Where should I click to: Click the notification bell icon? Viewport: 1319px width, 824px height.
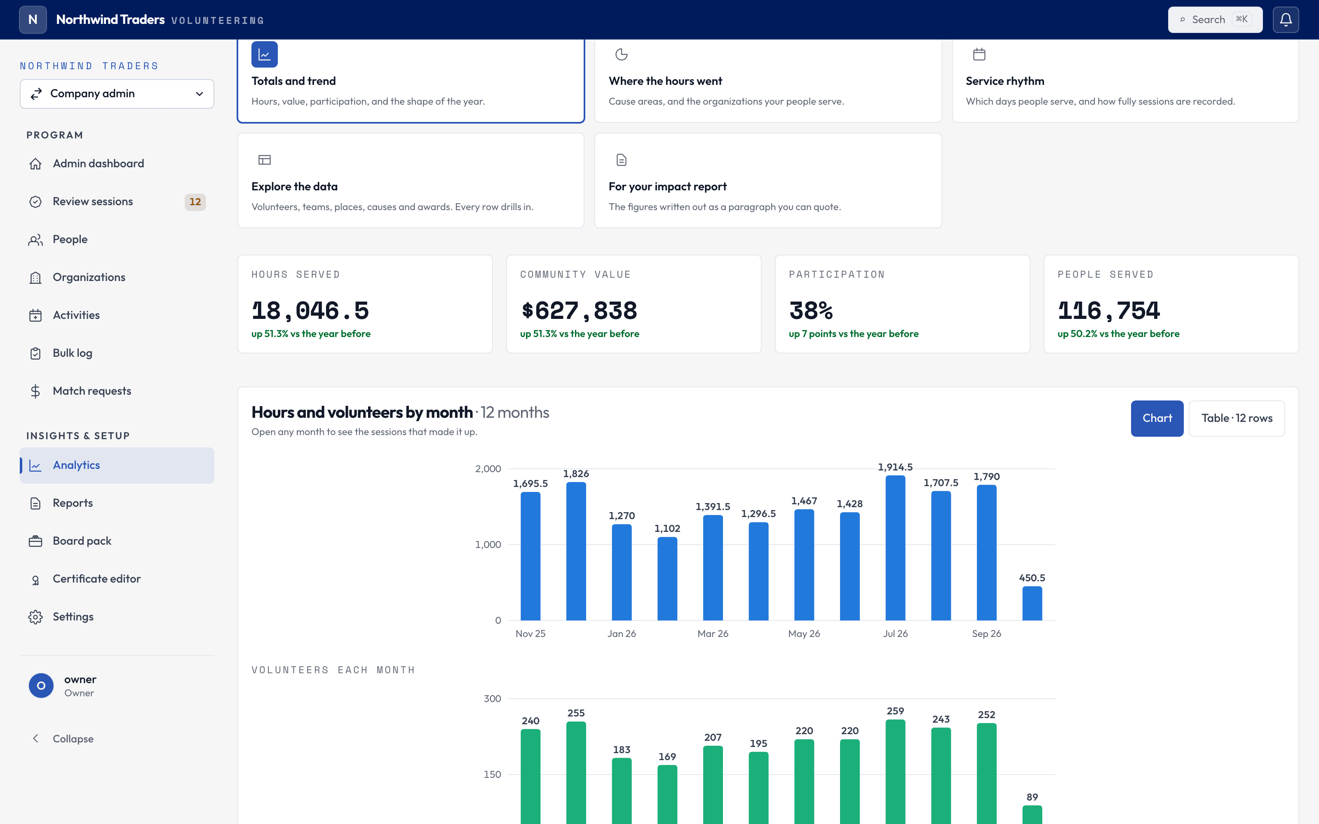[1286, 20]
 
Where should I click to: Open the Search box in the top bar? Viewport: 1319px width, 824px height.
[1215, 20]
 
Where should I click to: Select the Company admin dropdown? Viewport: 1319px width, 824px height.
[117, 94]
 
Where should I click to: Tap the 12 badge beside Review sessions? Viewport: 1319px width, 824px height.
[195, 201]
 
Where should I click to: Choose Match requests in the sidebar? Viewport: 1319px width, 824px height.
[92, 391]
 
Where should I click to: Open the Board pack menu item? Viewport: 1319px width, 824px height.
[82, 541]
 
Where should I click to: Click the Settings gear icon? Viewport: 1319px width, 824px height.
[35, 617]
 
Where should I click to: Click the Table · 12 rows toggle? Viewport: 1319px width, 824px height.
[1237, 418]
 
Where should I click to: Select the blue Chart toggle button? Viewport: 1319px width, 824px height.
[1157, 418]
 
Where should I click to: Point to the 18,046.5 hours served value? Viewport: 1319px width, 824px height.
[310, 311]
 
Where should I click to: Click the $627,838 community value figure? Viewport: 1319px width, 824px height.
[578, 311]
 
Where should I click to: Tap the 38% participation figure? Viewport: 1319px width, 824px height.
[811, 311]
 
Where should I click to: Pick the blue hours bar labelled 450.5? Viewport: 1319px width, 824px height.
[1032, 603]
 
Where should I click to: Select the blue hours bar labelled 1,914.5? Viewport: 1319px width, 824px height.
[896, 548]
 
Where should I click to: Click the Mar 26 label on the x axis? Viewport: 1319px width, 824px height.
[713, 634]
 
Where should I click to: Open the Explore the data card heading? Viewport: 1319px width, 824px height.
[294, 186]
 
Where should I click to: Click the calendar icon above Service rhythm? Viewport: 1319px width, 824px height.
[979, 54]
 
